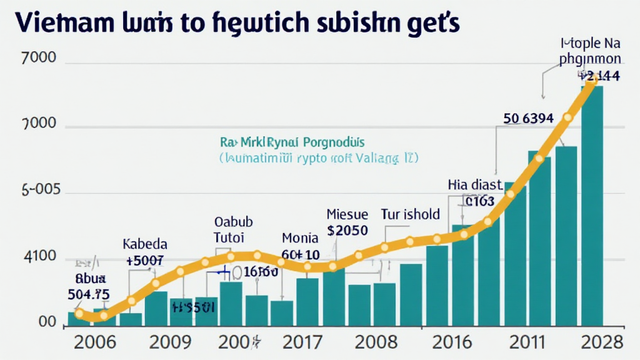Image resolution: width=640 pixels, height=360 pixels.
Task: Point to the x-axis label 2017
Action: [x=302, y=342]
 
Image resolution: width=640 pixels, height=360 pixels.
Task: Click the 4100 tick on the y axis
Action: [x=39, y=257]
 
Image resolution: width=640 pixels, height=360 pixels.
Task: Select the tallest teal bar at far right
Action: [x=592, y=206]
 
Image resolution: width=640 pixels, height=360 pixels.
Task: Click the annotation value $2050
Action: [x=347, y=230]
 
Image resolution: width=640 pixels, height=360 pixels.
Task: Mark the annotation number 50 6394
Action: [x=528, y=117]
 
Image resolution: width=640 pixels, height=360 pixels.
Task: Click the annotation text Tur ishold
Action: [x=411, y=214]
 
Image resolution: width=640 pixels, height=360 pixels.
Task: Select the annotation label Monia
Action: [x=300, y=237]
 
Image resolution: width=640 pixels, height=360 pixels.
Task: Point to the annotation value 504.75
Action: [x=89, y=294]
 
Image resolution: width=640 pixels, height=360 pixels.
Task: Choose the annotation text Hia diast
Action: [x=475, y=184]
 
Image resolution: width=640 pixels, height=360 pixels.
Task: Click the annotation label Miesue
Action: [x=347, y=214]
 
